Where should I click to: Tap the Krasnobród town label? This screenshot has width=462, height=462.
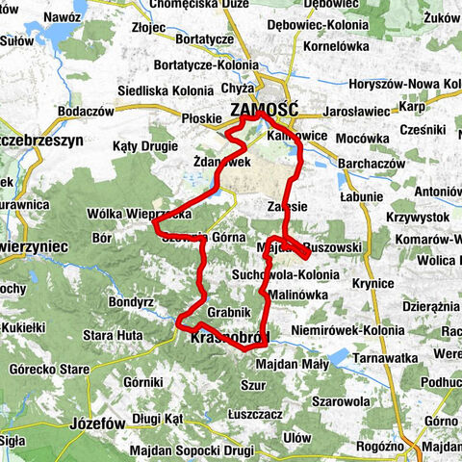pyautogui.click(x=228, y=337)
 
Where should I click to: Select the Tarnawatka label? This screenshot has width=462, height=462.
pyautogui.click(x=382, y=358)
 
